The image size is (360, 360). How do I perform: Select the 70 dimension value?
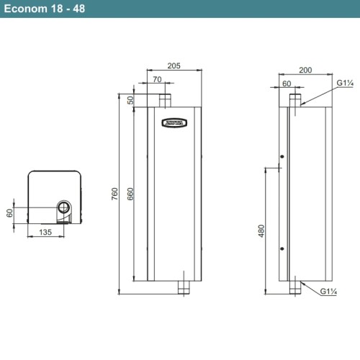pyautogui.click(x=158, y=81)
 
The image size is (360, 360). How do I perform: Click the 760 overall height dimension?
pyautogui.click(x=115, y=195)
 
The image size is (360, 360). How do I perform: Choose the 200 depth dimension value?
pyautogui.click(x=305, y=71)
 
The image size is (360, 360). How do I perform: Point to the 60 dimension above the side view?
pyautogui.click(x=287, y=84)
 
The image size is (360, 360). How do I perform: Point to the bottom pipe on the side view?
pyautogui.click(x=294, y=288)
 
